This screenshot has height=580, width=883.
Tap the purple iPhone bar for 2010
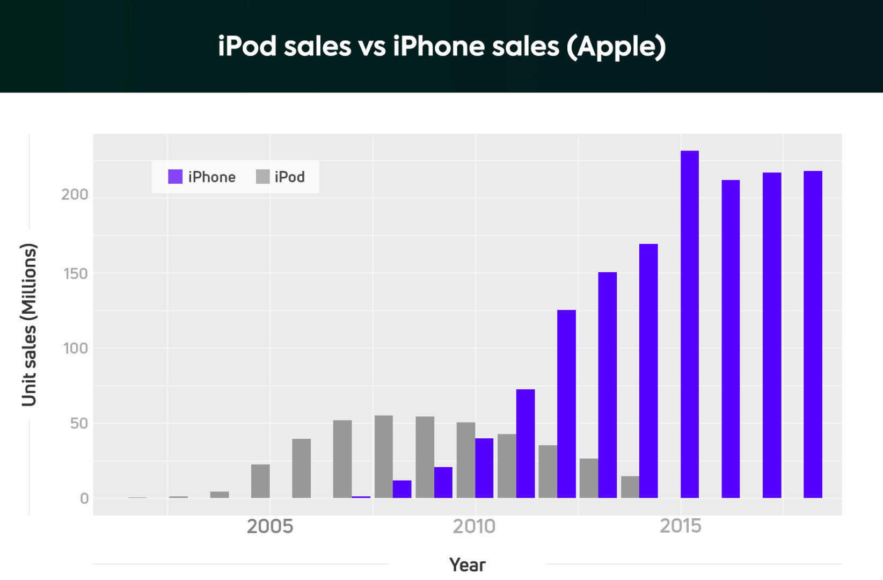pyautogui.click(x=484, y=468)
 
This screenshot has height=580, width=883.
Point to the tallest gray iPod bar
pyautogui.click(x=383, y=456)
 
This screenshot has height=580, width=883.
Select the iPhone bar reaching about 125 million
pyautogui.click(x=566, y=403)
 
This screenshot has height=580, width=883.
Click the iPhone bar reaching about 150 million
pyautogui.click(x=607, y=385)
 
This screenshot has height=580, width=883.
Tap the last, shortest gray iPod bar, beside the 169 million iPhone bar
pyautogui.click(x=630, y=487)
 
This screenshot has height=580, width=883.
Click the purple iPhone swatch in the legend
pyautogui.click(x=175, y=177)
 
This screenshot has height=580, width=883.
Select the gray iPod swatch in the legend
pyautogui.click(x=262, y=177)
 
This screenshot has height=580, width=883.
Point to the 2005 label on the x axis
pyautogui.click(x=269, y=526)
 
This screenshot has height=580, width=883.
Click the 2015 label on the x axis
pyautogui.click(x=680, y=526)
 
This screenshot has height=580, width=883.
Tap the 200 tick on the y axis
pyautogui.click(x=75, y=194)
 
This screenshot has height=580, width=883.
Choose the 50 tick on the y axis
pyautogui.click(x=78, y=424)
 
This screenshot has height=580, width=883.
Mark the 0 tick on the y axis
pyautogui.click(x=84, y=498)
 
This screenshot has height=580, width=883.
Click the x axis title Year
pyautogui.click(x=467, y=565)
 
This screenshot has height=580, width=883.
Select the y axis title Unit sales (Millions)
pyautogui.click(x=29, y=324)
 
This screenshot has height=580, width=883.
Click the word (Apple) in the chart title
pyautogui.click(x=616, y=47)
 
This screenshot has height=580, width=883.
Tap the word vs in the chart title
pyautogui.click(x=371, y=47)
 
